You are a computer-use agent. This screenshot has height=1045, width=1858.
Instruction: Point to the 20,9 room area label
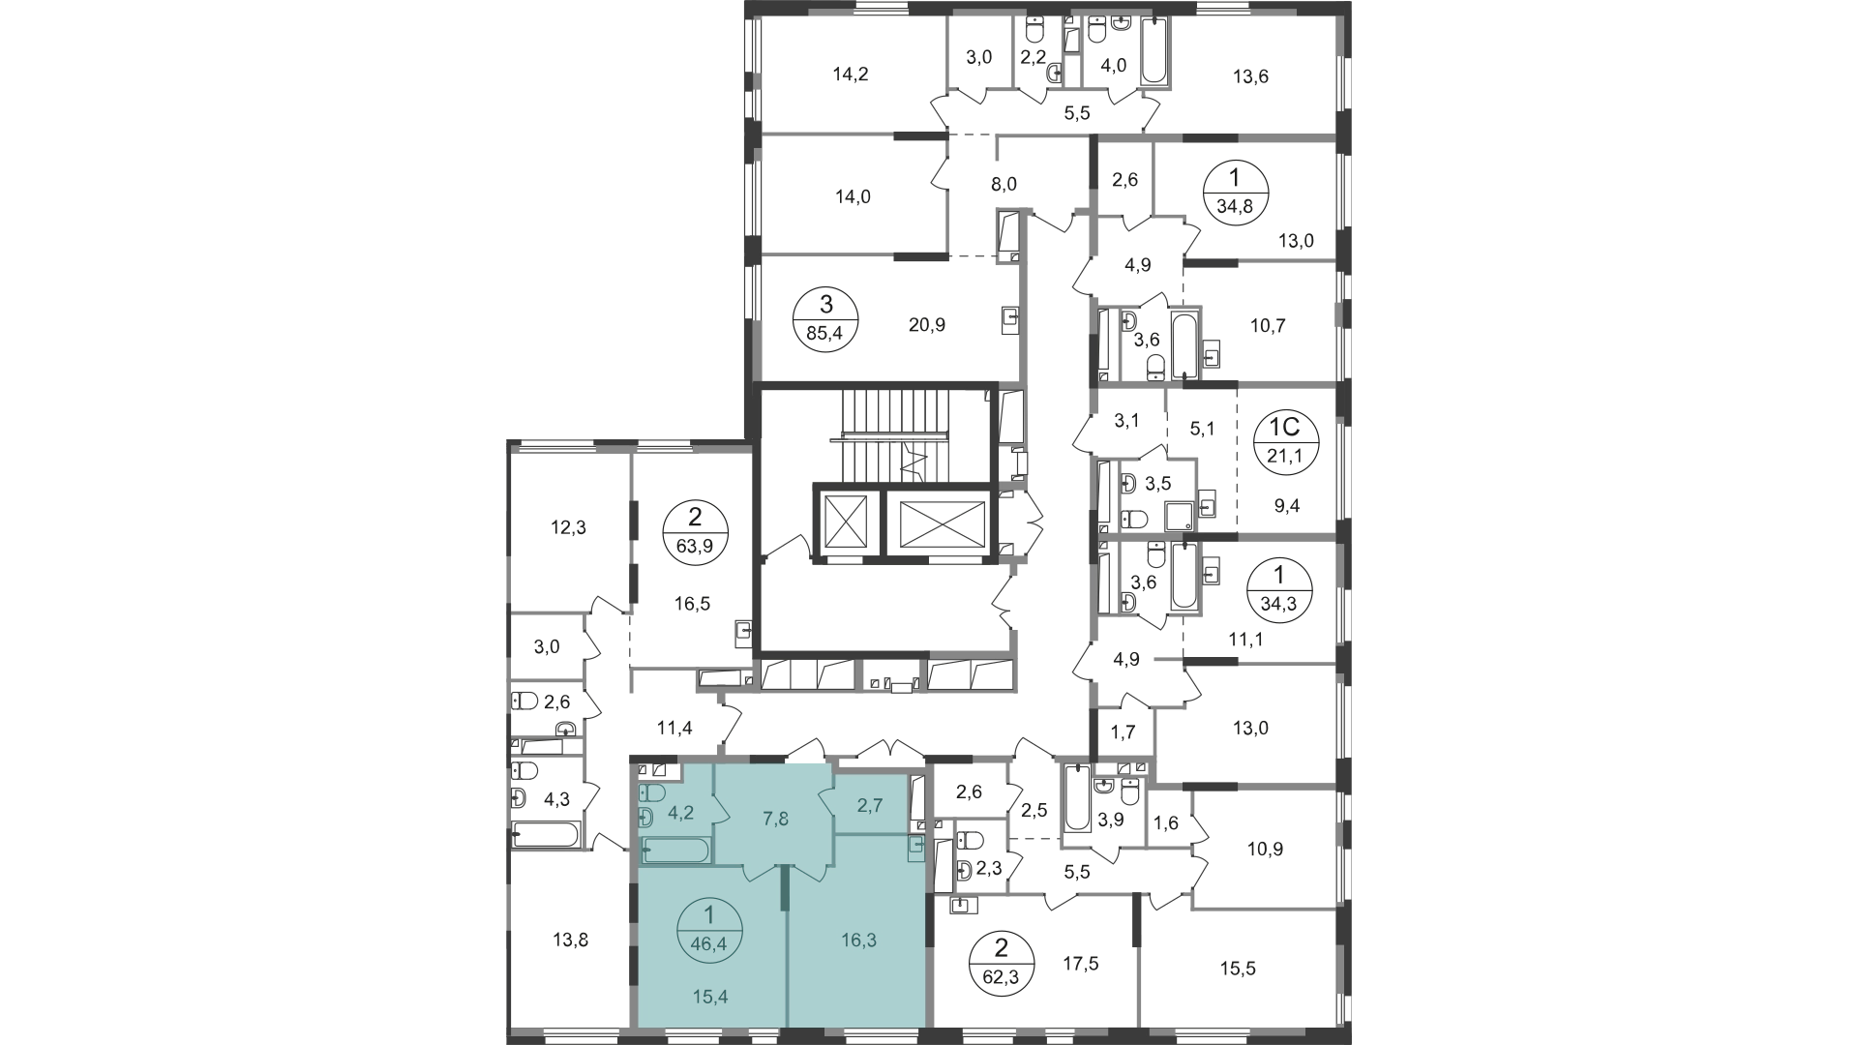[x=900, y=325]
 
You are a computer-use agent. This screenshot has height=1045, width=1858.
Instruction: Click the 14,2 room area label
[x=851, y=73]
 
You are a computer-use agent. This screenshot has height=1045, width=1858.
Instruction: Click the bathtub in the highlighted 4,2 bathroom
[x=676, y=851]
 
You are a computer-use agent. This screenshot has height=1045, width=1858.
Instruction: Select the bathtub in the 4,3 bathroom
[x=546, y=835]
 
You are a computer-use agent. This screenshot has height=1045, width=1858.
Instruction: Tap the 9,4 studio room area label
[x=1286, y=504]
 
